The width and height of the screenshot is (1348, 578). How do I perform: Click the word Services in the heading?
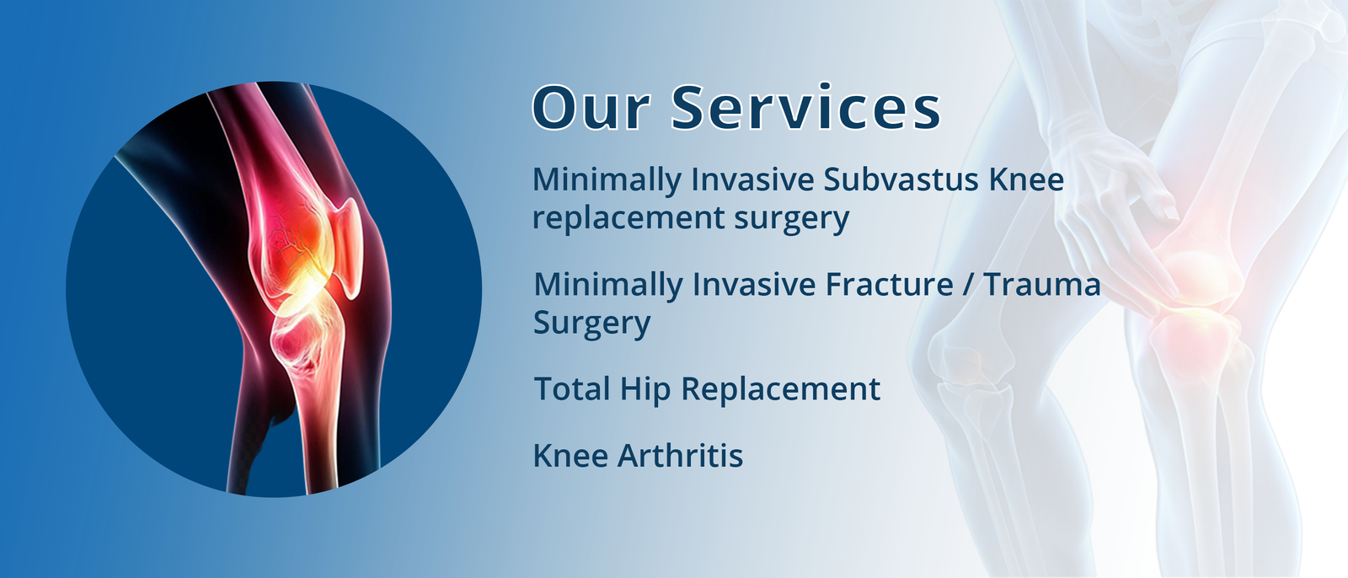click(x=805, y=107)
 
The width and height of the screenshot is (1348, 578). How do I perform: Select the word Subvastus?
click(x=901, y=179)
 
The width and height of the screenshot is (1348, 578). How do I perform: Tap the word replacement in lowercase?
click(x=629, y=217)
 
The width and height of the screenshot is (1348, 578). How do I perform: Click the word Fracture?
click(x=890, y=284)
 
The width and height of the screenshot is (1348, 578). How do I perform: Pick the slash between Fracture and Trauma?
click(x=968, y=285)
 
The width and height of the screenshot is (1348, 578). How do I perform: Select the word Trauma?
click(x=1042, y=285)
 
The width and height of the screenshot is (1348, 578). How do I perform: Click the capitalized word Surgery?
click(x=592, y=324)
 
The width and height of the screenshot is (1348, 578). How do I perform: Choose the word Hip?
click(x=645, y=390)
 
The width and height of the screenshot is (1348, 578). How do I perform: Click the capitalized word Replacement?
click(x=780, y=390)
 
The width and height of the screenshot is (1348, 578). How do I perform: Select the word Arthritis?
click(x=681, y=455)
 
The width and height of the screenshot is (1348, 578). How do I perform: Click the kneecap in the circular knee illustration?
click(x=349, y=246)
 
